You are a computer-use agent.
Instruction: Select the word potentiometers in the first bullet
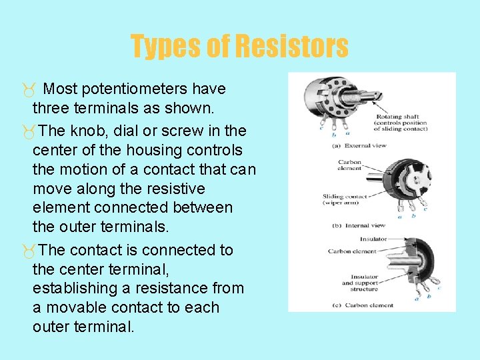pyautogui.click(x=137, y=89)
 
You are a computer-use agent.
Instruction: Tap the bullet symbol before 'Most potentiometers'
pyautogui.click(x=26, y=89)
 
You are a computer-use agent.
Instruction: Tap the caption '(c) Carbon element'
pyautogui.click(x=363, y=305)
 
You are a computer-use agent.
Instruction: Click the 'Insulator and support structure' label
pyautogui.click(x=360, y=282)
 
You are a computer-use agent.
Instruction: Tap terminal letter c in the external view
pyautogui.click(x=321, y=127)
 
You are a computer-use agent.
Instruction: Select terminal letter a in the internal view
pyautogui.click(x=400, y=216)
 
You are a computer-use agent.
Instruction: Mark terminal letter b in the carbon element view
pyautogui.click(x=427, y=294)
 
